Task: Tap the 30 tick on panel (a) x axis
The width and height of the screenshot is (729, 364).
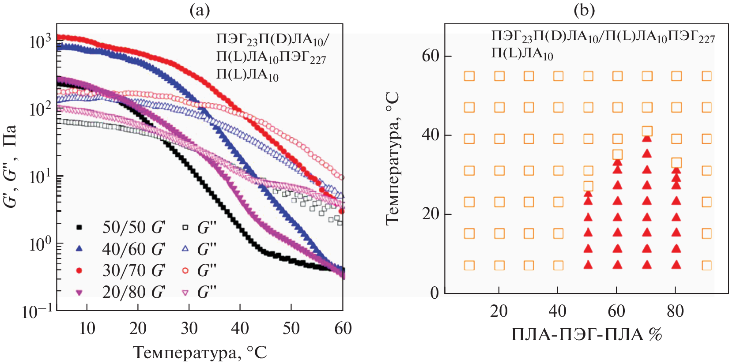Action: pos(189,328)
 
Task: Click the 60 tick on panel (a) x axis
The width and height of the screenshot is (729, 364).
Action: pos(343,328)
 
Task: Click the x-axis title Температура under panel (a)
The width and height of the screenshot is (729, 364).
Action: pos(200,353)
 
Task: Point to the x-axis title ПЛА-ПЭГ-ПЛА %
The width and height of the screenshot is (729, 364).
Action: pos(586,335)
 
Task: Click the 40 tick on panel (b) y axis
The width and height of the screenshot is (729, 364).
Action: pos(430,135)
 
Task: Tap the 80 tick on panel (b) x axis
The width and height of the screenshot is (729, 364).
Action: pos(675,311)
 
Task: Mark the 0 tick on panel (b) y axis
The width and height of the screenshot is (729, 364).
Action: pos(434,293)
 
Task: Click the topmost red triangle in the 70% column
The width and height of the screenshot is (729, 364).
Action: pos(647,139)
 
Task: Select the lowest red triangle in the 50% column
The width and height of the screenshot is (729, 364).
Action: pos(588,265)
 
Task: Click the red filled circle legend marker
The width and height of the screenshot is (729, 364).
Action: pos(79,270)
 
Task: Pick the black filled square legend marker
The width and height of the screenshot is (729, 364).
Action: pos(79,227)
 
